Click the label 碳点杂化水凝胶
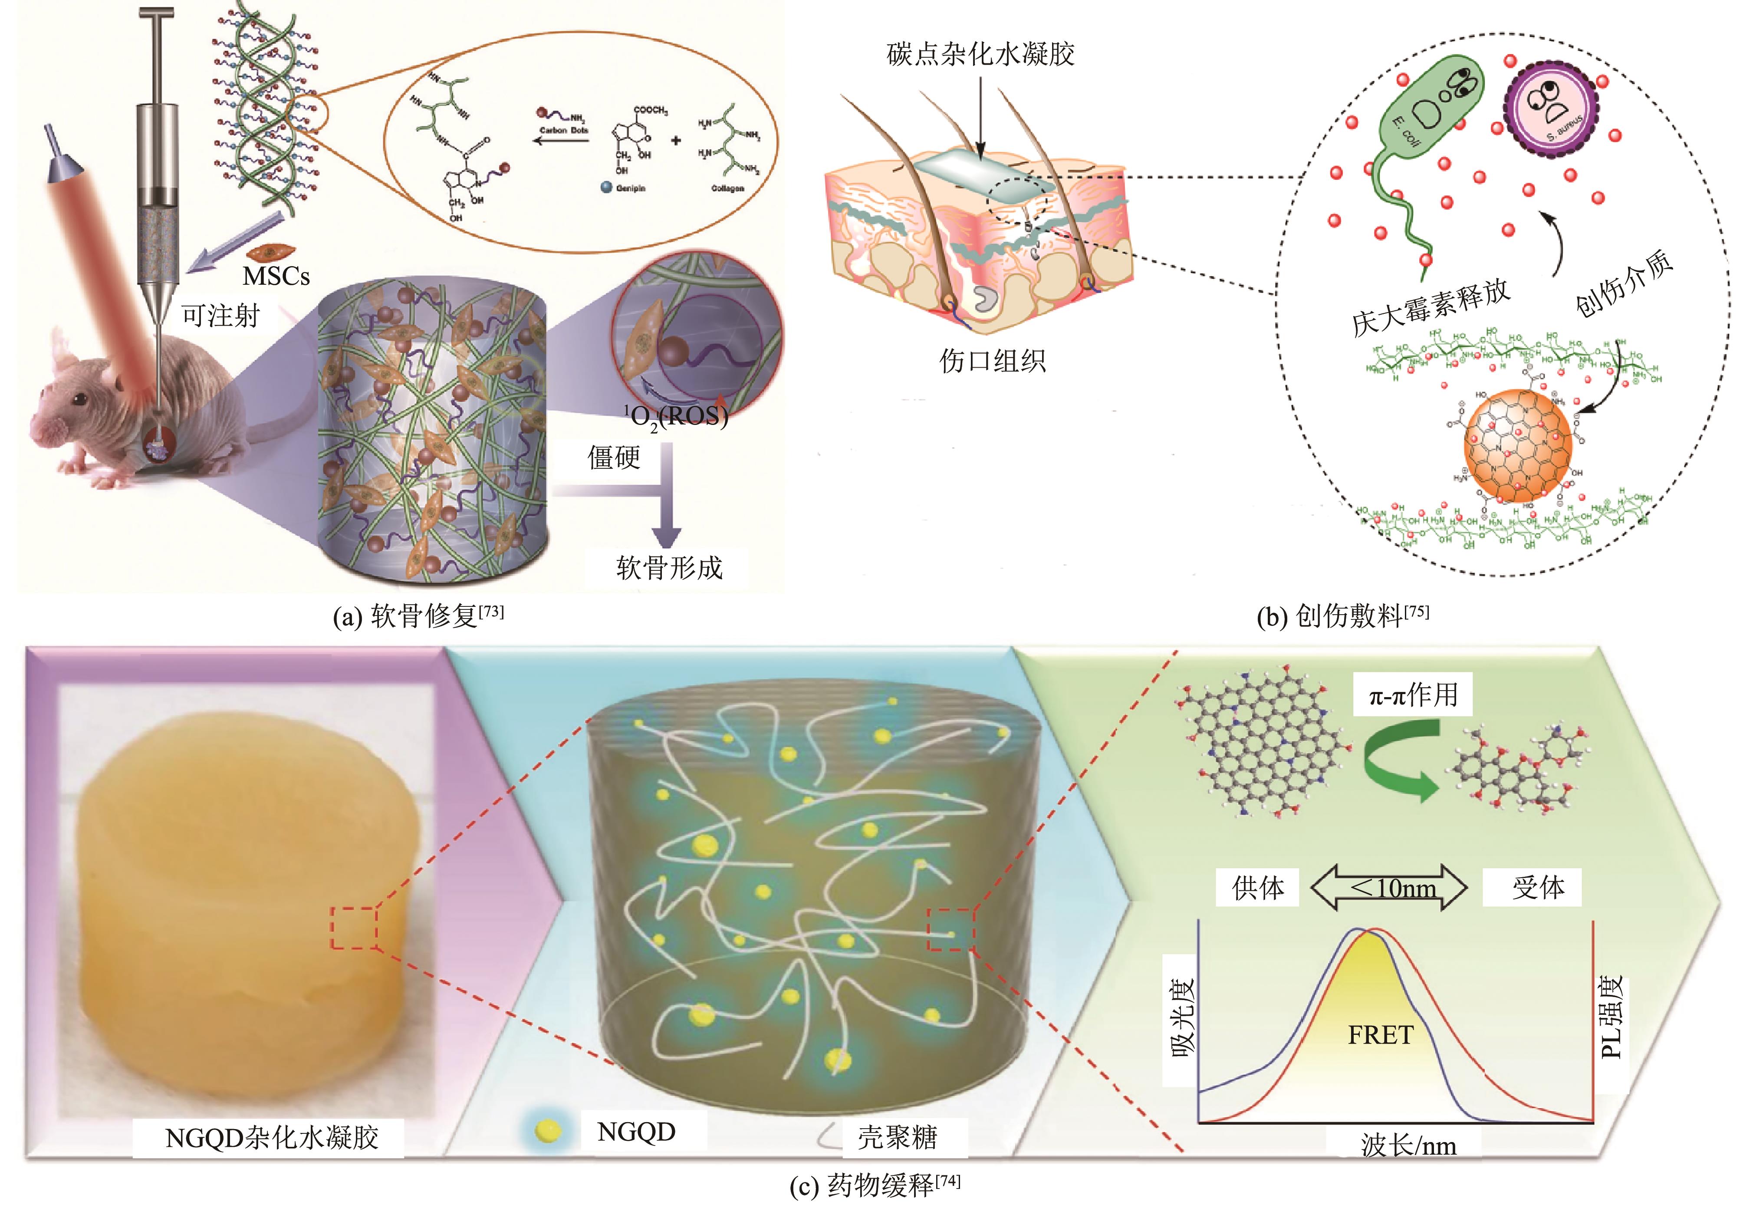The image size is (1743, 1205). [x=980, y=54]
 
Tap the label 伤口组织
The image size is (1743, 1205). [x=992, y=361]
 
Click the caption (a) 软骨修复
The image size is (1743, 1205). [x=418, y=616]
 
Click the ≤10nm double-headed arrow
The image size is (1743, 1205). [x=1389, y=889]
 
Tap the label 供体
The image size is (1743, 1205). [x=1258, y=888]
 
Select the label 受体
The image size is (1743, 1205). [x=1537, y=888]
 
